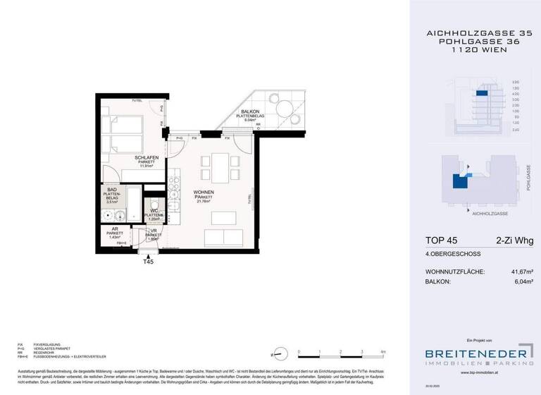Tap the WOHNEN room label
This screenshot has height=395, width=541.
click(x=204, y=192)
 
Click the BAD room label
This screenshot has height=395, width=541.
click(x=111, y=190)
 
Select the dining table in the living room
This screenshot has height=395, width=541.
click(x=218, y=167)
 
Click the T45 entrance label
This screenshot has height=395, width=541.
click(x=148, y=262)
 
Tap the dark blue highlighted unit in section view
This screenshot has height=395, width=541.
click(x=482, y=93)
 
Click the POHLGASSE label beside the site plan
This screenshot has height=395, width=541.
click(x=528, y=178)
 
